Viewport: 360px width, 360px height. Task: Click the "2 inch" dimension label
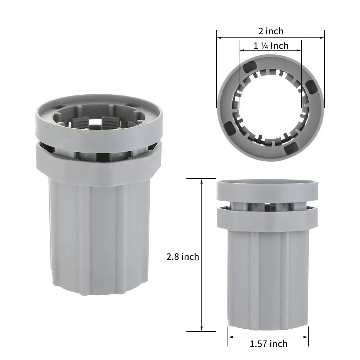point(271,31)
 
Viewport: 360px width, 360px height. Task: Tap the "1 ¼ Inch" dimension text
point(271,46)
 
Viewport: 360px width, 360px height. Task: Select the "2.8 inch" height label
point(183,257)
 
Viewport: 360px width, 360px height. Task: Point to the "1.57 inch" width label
point(269,344)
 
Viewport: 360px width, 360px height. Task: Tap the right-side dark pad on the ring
point(311,87)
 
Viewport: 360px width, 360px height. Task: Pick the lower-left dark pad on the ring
point(229,128)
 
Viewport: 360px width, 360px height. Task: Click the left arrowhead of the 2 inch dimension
point(219,38)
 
